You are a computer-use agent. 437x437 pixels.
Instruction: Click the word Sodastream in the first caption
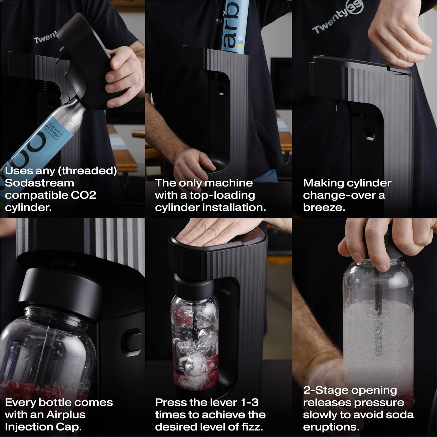(40, 183)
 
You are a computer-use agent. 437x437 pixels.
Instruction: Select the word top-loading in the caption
(222, 195)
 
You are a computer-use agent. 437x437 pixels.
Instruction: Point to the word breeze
(323, 207)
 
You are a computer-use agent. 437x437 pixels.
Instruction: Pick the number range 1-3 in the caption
(250, 402)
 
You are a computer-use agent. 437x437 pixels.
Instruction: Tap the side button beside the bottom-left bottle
(133, 341)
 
